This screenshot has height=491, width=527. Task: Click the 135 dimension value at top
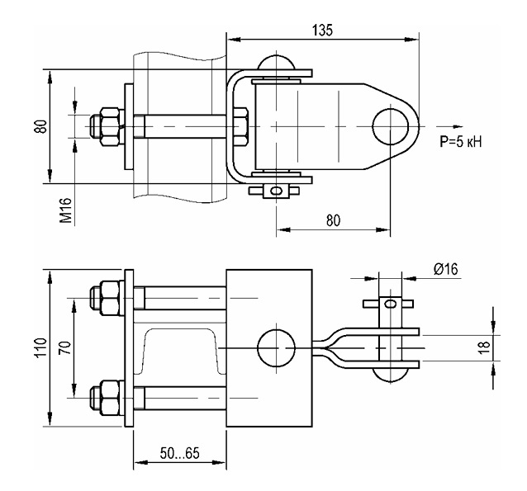[x=322, y=30]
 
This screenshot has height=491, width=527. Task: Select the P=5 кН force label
[x=461, y=142]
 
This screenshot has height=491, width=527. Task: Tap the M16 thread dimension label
[x=66, y=210]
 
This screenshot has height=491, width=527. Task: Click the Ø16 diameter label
[x=445, y=269]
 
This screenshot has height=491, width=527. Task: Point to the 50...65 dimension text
[x=179, y=453]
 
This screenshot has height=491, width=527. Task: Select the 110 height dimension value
[x=41, y=348]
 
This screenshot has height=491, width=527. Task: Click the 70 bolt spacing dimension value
[x=66, y=348]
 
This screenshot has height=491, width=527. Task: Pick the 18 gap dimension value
[x=484, y=347]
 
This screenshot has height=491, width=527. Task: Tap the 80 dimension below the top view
[x=333, y=220]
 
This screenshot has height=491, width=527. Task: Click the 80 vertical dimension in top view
[x=41, y=126]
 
